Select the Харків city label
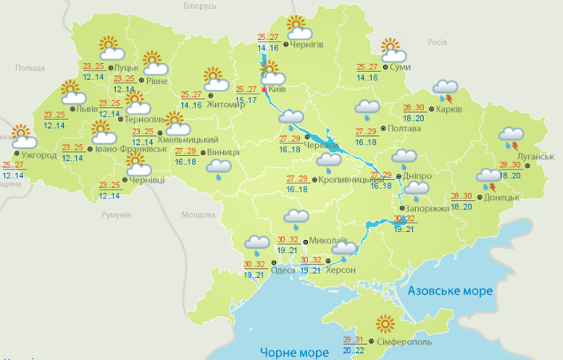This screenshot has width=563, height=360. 448,109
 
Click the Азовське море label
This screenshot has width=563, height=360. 449,290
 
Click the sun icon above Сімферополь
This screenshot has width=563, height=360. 387,324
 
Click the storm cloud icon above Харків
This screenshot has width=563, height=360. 445,90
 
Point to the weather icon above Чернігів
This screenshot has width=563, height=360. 297,27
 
